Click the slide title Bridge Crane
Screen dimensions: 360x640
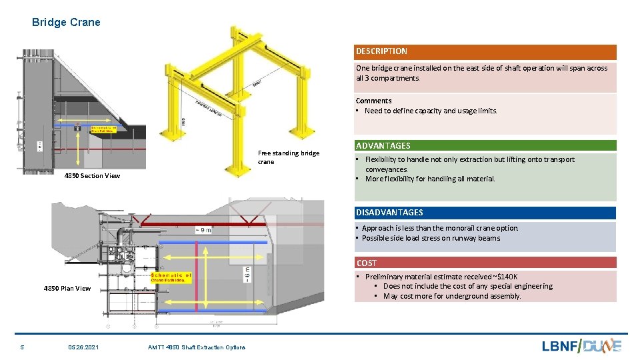[66, 22]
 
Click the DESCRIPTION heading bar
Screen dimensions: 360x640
[485, 52]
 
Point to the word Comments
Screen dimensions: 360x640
[373, 101]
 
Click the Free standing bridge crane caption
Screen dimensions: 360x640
[288, 157]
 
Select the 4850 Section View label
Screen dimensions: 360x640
[92, 176]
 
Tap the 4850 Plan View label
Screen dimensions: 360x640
[67, 289]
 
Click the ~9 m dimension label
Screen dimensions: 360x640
[203, 230]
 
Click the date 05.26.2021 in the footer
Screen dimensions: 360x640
[83, 347]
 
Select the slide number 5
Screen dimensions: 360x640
[22, 347]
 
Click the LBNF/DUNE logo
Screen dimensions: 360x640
[581, 345]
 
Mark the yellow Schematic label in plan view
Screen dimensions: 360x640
[171, 277]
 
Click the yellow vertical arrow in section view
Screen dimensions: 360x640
[81, 147]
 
